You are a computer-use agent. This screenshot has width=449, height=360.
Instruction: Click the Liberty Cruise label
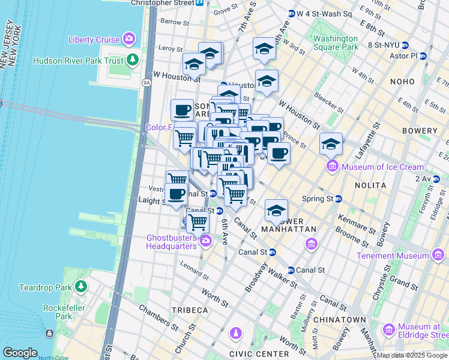point(94,40)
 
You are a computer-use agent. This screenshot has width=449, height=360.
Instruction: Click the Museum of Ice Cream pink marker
point(331,166)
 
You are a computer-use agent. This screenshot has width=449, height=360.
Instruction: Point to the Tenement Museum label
point(394,256)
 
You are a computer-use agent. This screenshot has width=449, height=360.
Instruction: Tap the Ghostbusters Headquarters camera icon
point(205,241)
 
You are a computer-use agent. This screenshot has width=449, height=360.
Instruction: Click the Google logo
point(20,352)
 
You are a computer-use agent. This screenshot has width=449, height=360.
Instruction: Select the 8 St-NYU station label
point(383,45)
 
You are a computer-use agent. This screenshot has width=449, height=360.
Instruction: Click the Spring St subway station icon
point(339,199)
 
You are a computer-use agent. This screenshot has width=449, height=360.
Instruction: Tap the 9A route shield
point(146,82)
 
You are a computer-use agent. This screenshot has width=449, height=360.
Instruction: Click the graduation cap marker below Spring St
point(276,211)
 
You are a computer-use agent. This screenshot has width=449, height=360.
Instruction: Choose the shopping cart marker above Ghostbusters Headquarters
point(197,222)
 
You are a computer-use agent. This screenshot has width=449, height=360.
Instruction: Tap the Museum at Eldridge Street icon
point(388,329)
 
